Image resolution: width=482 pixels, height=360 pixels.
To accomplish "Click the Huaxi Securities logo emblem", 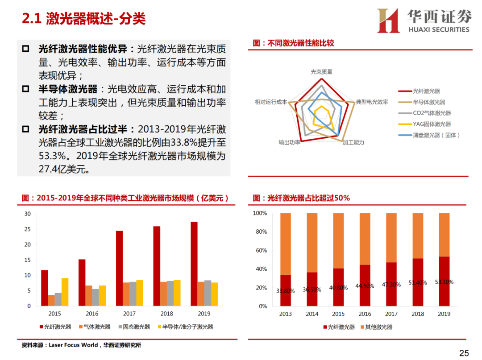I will click(388, 21).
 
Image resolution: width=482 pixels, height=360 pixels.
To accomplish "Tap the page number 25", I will click(464, 353).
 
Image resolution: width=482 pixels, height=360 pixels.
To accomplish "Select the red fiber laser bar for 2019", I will click(194, 264).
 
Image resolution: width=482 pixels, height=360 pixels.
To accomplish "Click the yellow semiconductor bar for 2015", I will click(65, 292).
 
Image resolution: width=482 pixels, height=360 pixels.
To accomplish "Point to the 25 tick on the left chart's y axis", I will click(28, 229).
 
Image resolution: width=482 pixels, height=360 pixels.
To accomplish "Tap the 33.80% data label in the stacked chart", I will click(286, 291).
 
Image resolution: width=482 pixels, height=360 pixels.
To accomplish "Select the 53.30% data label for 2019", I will click(444, 282).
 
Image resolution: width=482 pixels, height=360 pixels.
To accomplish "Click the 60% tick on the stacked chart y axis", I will click(260, 251).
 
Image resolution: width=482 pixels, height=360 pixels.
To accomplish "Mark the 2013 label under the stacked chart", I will click(286, 314).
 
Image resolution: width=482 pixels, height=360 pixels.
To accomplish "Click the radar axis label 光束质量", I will click(321, 71).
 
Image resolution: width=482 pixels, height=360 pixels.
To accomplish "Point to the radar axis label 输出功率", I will click(290, 143).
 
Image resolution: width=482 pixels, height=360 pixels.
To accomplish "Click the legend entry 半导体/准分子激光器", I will click(188, 327).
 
